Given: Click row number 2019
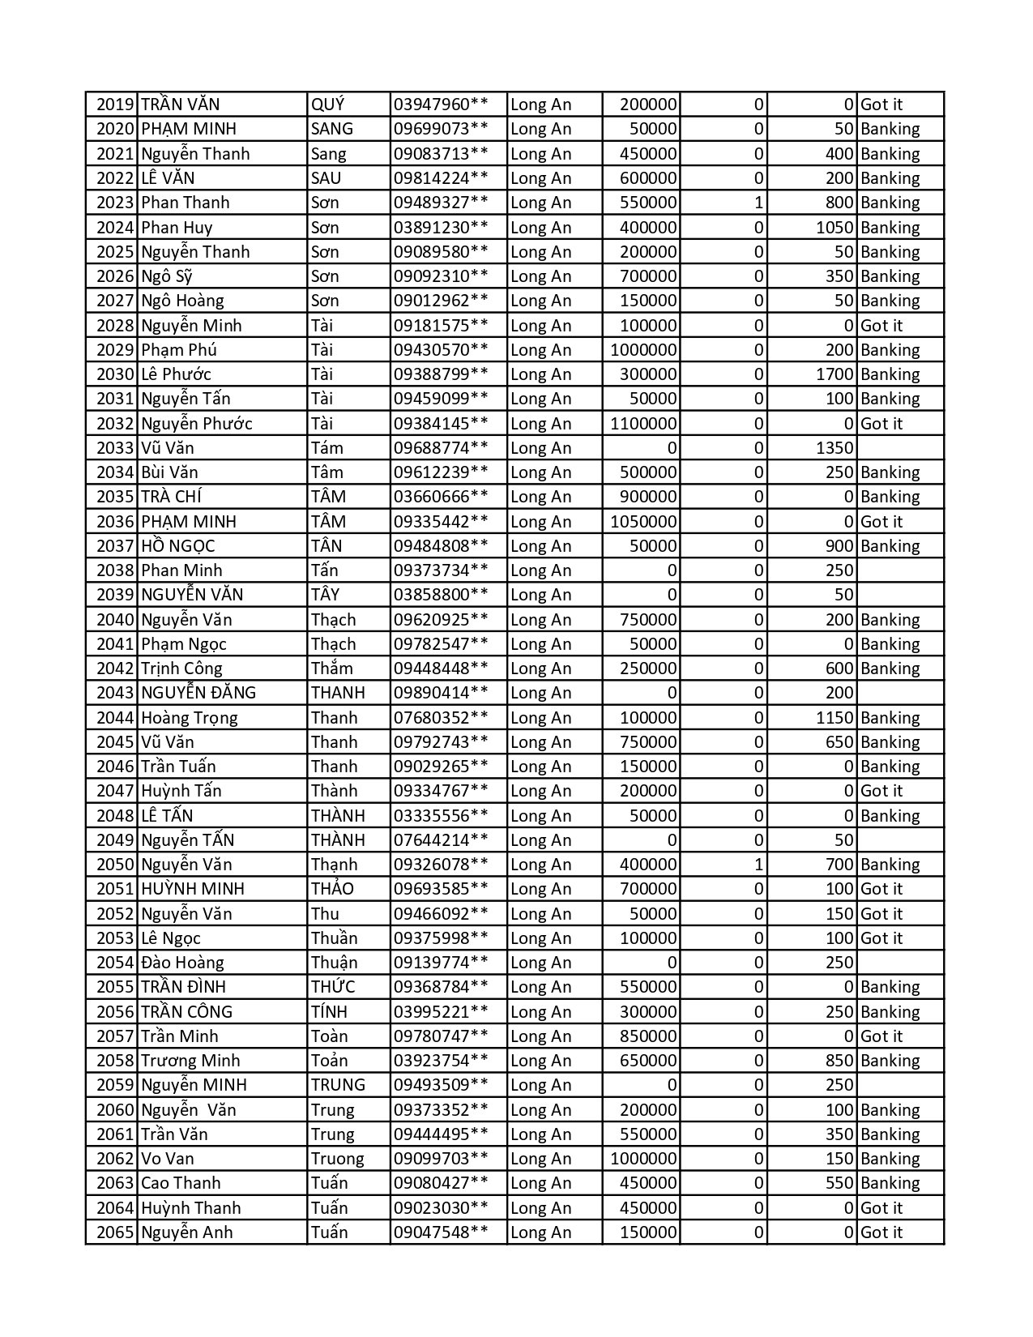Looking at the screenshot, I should [x=114, y=105].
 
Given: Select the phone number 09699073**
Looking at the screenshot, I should [x=441, y=129].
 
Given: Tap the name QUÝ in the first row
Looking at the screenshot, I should [x=328, y=105].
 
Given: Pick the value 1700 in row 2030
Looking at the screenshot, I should [x=835, y=374].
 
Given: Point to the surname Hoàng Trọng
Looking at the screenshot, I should [x=190, y=718].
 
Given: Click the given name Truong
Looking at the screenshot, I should [x=338, y=1159].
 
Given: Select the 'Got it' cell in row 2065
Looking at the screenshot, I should [x=881, y=1232].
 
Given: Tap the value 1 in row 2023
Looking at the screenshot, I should [x=758, y=203].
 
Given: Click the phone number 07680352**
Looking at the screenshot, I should [x=441, y=718].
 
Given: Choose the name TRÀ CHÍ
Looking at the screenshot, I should [x=172, y=497].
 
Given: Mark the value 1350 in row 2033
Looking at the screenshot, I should [x=835, y=448].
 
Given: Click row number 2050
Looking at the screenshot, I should [x=114, y=865].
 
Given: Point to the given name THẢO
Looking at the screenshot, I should [x=333, y=889].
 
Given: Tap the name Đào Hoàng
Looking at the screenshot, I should [x=182, y=963].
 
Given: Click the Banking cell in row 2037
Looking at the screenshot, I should [x=890, y=546].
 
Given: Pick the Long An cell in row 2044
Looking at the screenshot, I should [x=541, y=718].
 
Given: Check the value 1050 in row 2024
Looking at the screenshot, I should [x=835, y=228].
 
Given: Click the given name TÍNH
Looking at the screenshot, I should [x=329, y=1012].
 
